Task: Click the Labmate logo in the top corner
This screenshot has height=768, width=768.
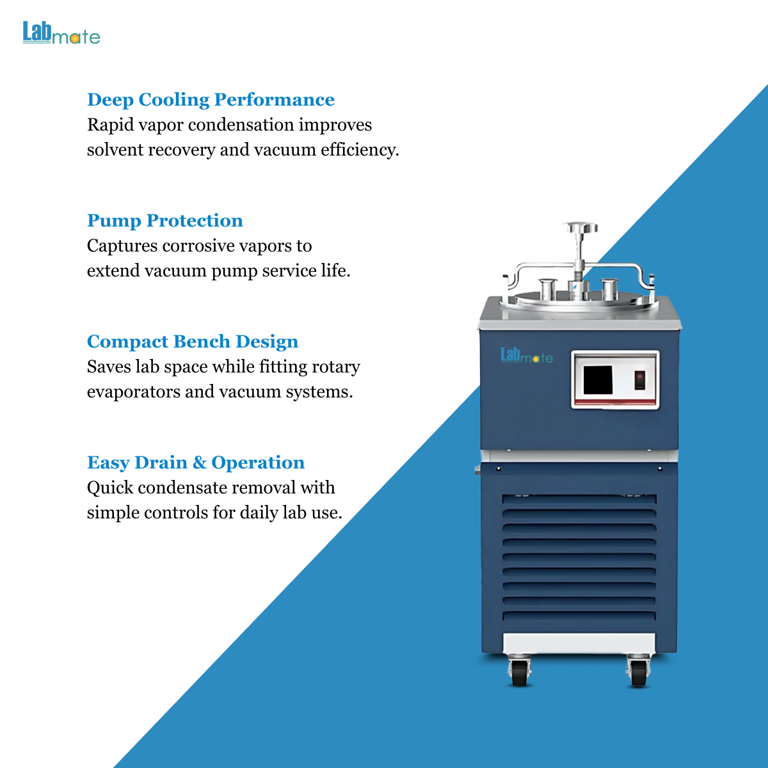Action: [x=61, y=32]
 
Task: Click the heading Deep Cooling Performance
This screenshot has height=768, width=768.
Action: [x=211, y=100]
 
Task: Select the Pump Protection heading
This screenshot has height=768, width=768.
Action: [x=165, y=221]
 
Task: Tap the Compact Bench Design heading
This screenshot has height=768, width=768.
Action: [x=193, y=342]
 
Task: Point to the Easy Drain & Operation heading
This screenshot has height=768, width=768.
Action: [x=196, y=463]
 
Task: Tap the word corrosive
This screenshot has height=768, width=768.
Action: [x=199, y=246]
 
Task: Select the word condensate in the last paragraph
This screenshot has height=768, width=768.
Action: [x=182, y=488]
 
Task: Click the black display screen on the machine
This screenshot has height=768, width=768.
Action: [x=598, y=380]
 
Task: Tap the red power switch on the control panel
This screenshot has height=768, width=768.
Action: [x=639, y=380]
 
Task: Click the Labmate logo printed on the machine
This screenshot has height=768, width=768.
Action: [x=527, y=355]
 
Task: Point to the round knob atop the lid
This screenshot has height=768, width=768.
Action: [x=579, y=228]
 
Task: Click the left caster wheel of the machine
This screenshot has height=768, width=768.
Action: [x=519, y=673]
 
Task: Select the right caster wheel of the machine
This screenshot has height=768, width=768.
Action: [x=639, y=673]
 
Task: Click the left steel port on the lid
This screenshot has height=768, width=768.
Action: [x=548, y=289]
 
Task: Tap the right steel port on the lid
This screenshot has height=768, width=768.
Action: [x=609, y=289]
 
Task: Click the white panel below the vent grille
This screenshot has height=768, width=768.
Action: [x=579, y=643]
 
